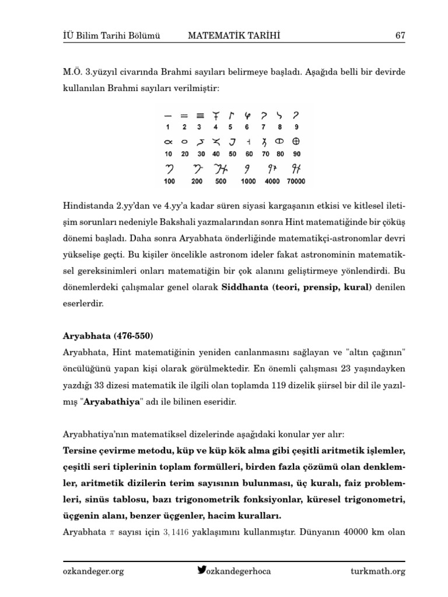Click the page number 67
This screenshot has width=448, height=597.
tap(400, 36)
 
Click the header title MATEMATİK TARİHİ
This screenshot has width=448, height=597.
tap(234, 36)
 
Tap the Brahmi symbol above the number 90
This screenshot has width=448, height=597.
tap(296, 142)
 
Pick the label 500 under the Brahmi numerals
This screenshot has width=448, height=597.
tap(220, 181)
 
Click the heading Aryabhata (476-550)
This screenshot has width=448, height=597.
tap(108, 336)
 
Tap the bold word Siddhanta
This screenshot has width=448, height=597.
tap(246, 287)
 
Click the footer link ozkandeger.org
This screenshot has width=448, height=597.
tap(93, 571)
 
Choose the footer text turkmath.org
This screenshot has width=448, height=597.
tap(378, 571)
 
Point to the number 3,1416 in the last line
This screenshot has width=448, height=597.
tap(176, 532)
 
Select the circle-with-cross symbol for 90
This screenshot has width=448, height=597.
tap(296, 142)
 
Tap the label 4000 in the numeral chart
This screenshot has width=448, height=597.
tap(272, 181)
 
